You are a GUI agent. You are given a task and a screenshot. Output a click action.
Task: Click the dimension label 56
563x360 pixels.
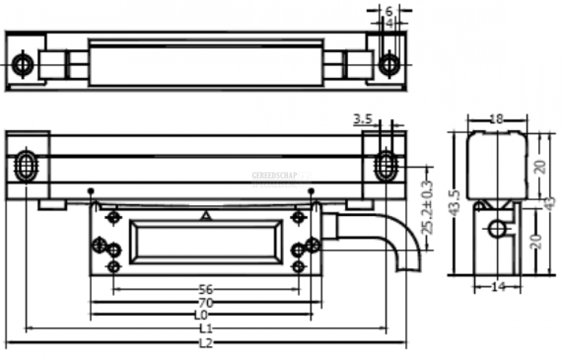pos(206,288)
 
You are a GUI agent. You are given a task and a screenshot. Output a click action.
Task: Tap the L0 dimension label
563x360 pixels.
pos(200,314)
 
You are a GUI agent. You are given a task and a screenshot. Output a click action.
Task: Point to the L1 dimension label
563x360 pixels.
pos(206,329)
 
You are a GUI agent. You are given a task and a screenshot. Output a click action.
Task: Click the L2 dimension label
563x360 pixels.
pos(206,343)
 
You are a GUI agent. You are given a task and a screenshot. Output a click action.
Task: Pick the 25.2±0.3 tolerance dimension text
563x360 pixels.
pos(428,208)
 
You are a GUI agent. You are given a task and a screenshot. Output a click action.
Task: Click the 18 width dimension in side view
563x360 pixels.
pos(496,119)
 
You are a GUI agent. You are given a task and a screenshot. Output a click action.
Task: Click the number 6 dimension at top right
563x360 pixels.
pos(389,11)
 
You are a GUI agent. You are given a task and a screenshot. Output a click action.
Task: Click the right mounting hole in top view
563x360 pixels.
pos(389,63)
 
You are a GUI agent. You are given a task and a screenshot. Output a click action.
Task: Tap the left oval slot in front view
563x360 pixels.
pos(25,165)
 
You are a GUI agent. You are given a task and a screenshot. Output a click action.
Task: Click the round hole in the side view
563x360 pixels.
pos(497,228)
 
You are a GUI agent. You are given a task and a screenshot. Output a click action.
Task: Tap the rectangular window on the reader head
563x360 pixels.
pos(206,241)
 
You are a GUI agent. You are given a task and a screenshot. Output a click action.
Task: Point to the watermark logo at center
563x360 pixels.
pos(281,179)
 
